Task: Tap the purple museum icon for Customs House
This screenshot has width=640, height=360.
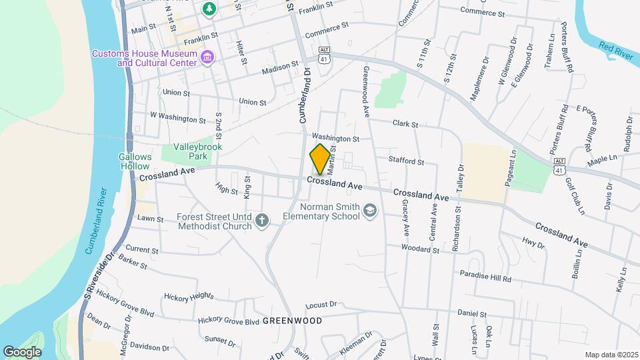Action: click(x=207, y=58)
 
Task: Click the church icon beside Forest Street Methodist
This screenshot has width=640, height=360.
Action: click(x=263, y=221)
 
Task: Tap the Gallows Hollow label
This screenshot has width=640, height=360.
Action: click(x=136, y=161)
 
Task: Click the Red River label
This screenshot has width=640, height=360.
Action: click(x=615, y=51)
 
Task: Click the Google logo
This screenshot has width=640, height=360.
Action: click(x=22, y=351)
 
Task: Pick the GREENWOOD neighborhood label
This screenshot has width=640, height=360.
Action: click(x=292, y=321)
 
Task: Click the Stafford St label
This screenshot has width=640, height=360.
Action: click(x=407, y=161)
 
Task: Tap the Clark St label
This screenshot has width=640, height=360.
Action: click(x=405, y=124)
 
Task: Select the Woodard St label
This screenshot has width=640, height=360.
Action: click(x=420, y=249)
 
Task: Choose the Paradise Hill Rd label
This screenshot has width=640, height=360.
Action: click(x=485, y=275)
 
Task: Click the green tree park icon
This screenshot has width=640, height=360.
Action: click(x=209, y=9)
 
